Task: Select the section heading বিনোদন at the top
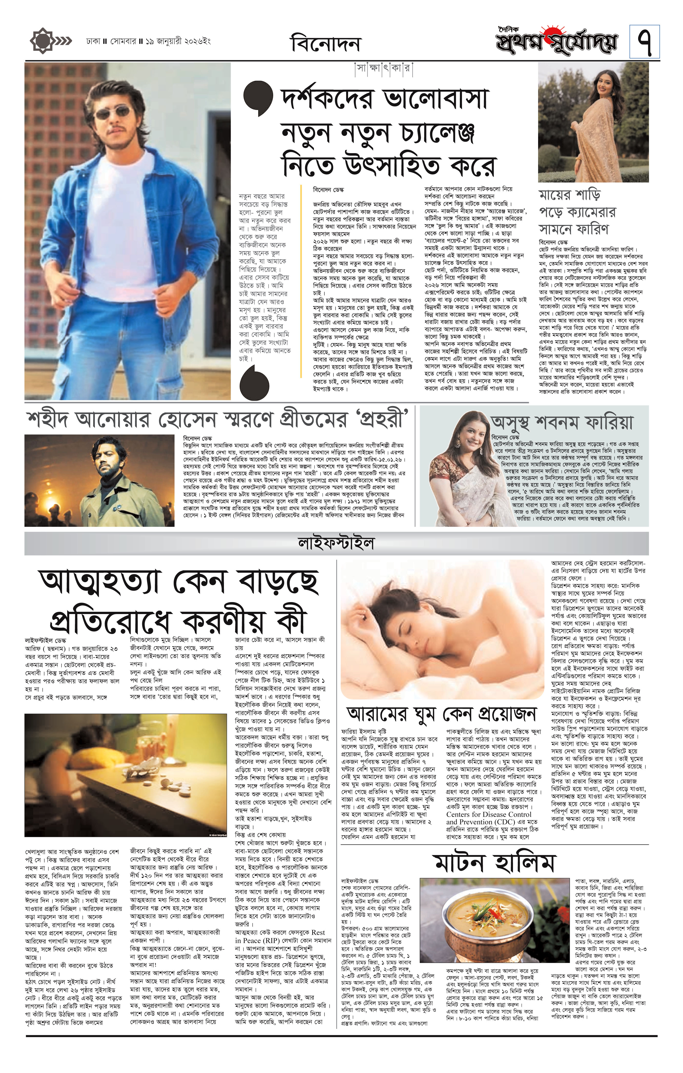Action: click(325, 44)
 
